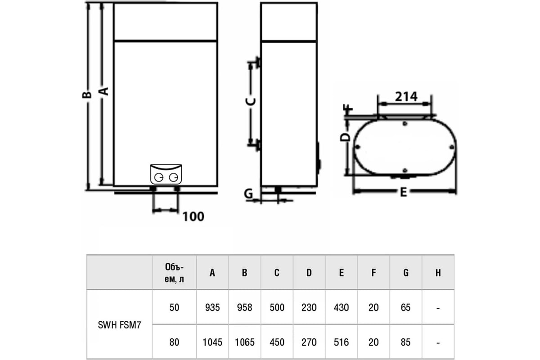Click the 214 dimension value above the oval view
coord(406,97)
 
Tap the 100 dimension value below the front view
coord(193,216)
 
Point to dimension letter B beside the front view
coord(87,95)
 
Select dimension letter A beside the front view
coord(104,91)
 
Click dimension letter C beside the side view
coord(251,102)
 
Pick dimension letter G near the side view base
coord(248,193)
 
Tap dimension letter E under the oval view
coord(403,192)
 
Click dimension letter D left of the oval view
coord(345,137)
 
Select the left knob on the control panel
coord(158,178)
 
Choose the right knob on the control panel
coord(174,178)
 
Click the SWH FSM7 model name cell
coord(119,325)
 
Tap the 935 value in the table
coord(212,307)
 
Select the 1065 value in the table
coord(245,342)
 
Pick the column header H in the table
coord(438,273)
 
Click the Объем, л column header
coord(174,273)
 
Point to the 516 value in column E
coord(342,342)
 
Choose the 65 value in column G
coord(406,307)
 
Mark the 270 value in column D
coord(309,342)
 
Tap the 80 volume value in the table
coord(174,342)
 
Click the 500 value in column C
coord(277,307)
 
